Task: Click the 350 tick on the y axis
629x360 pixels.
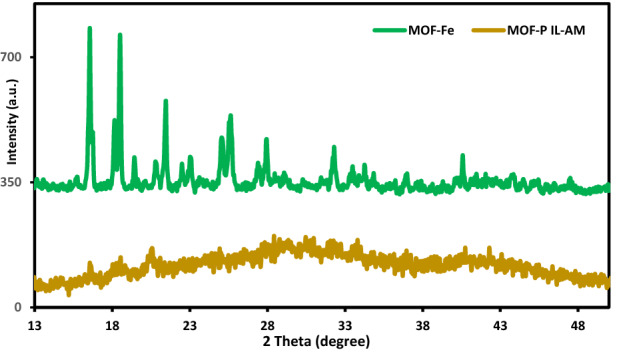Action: (20, 182)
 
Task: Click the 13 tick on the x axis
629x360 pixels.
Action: (35, 325)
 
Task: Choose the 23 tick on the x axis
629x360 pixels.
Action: (190, 325)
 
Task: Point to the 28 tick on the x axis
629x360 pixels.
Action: (268, 325)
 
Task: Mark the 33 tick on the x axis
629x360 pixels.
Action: (345, 325)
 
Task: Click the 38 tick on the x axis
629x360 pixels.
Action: (423, 325)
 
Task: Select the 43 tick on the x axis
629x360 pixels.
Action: (500, 325)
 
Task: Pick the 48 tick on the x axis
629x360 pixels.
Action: (578, 325)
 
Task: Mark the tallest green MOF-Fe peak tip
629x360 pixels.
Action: (90, 29)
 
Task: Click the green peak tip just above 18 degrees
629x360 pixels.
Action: (120, 36)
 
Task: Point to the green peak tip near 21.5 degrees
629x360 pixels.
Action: (165, 101)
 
